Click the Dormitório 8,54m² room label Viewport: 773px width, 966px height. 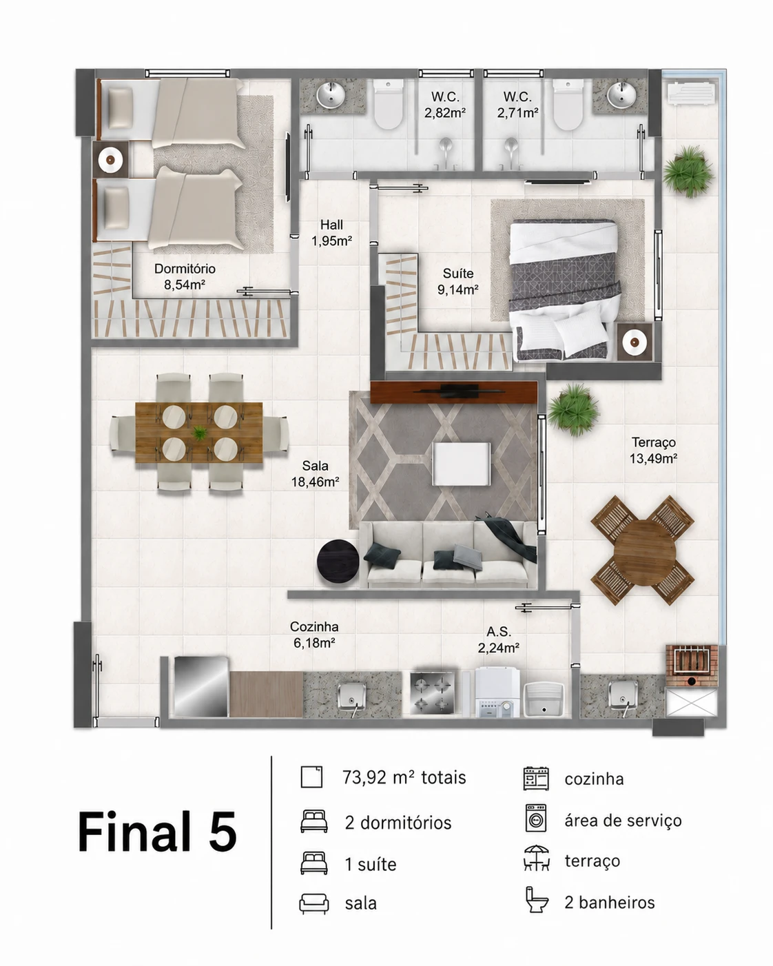pos(185,276)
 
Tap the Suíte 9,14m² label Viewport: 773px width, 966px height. pos(458,281)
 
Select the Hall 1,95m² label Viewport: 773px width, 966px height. pos(332,232)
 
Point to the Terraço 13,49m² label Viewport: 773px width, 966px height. pos(653,450)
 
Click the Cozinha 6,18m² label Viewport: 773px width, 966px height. pos(314,635)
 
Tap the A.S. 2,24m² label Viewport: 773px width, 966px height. pos(499,639)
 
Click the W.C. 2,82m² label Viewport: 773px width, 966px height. pos(445,105)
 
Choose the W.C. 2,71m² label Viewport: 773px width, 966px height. pos(517,105)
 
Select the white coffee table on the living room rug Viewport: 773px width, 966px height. pos(462,464)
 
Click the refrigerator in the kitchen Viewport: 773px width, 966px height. pos(201,687)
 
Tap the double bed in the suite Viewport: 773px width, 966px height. pos(565,290)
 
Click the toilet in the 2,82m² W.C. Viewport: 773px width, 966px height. pos(388,105)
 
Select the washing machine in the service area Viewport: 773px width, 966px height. pos(497,692)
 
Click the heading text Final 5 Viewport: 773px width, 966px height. pos(157,831)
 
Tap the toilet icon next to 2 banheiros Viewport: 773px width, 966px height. pos(537,899)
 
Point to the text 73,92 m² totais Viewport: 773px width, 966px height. pos(404,777)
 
